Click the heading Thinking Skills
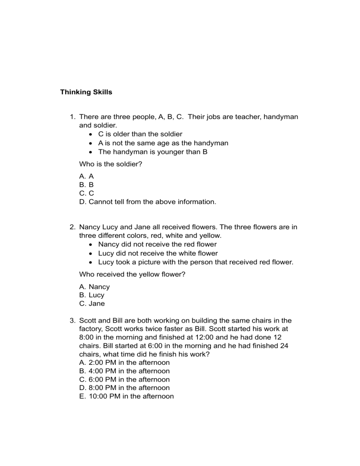(86, 92)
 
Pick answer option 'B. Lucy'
(92, 295)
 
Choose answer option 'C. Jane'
(92, 303)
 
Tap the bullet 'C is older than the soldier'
(140, 134)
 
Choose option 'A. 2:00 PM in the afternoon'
(125, 362)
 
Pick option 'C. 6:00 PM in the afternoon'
(125, 379)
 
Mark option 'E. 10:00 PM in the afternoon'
(127, 396)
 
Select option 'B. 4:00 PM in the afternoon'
(125, 371)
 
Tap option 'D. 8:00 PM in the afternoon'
(125, 388)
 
